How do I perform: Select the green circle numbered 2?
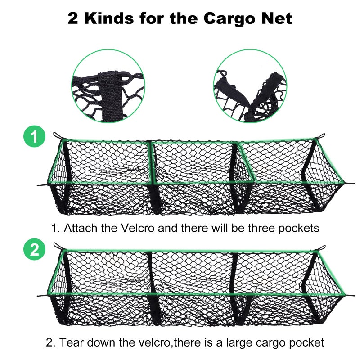35,250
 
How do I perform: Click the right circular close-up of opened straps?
250,86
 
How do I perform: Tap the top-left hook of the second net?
56,247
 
